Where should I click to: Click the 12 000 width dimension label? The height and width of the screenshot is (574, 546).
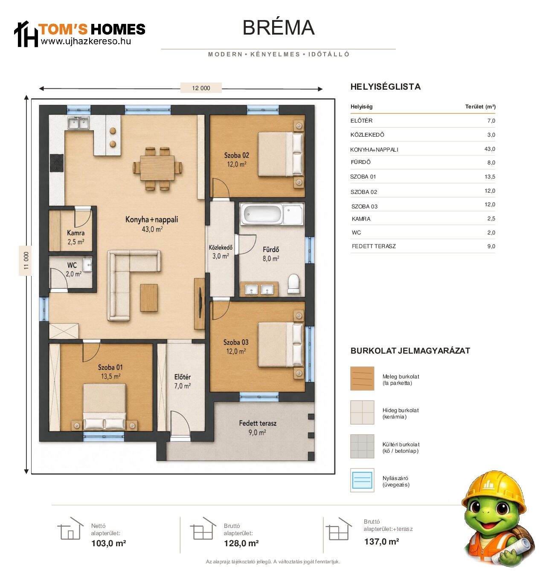tap(200, 88)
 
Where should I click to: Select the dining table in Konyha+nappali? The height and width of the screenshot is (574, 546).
tap(157, 168)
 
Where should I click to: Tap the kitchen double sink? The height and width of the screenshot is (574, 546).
tap(78, 123)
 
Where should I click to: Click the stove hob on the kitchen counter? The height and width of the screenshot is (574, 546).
tap(57, 163)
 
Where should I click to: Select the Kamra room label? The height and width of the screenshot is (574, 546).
tap(76, 233)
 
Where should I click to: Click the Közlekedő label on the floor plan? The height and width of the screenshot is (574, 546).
tap(221, 248)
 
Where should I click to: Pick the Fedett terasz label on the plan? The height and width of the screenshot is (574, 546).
tap(258, 423)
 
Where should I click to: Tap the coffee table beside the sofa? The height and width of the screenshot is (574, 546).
tap(149, 298)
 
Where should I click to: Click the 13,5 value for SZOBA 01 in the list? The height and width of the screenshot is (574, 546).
tap(490, 177)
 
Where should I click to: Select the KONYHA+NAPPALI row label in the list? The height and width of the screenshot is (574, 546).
tap(374, 150)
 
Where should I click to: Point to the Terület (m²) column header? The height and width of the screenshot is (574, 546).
tap(480, 107)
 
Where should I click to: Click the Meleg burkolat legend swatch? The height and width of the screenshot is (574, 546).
tap(362, 378)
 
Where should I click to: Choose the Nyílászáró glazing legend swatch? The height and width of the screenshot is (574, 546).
tap(362, 480)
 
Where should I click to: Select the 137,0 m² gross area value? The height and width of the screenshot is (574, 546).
tap(381, 542)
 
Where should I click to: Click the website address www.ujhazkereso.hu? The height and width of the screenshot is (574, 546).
tap(86, 41)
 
